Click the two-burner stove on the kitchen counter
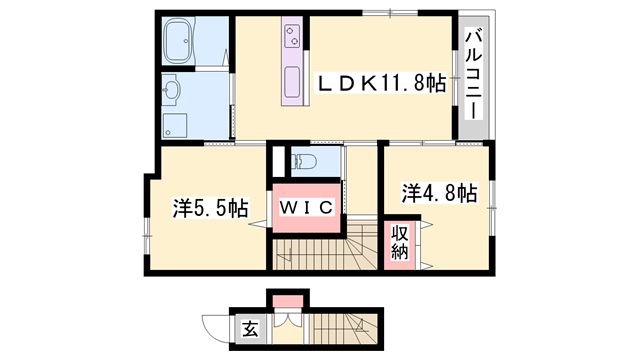pyautogui.click(x=294, y=39)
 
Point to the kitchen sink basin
pyautogui.click(x=293, y=81)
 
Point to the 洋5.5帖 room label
pyautogui.click(x=210, y=209)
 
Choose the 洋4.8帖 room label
pyautogui.click(x=440, y=192)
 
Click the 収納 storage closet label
pyautogui.click(x=400, y=243)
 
